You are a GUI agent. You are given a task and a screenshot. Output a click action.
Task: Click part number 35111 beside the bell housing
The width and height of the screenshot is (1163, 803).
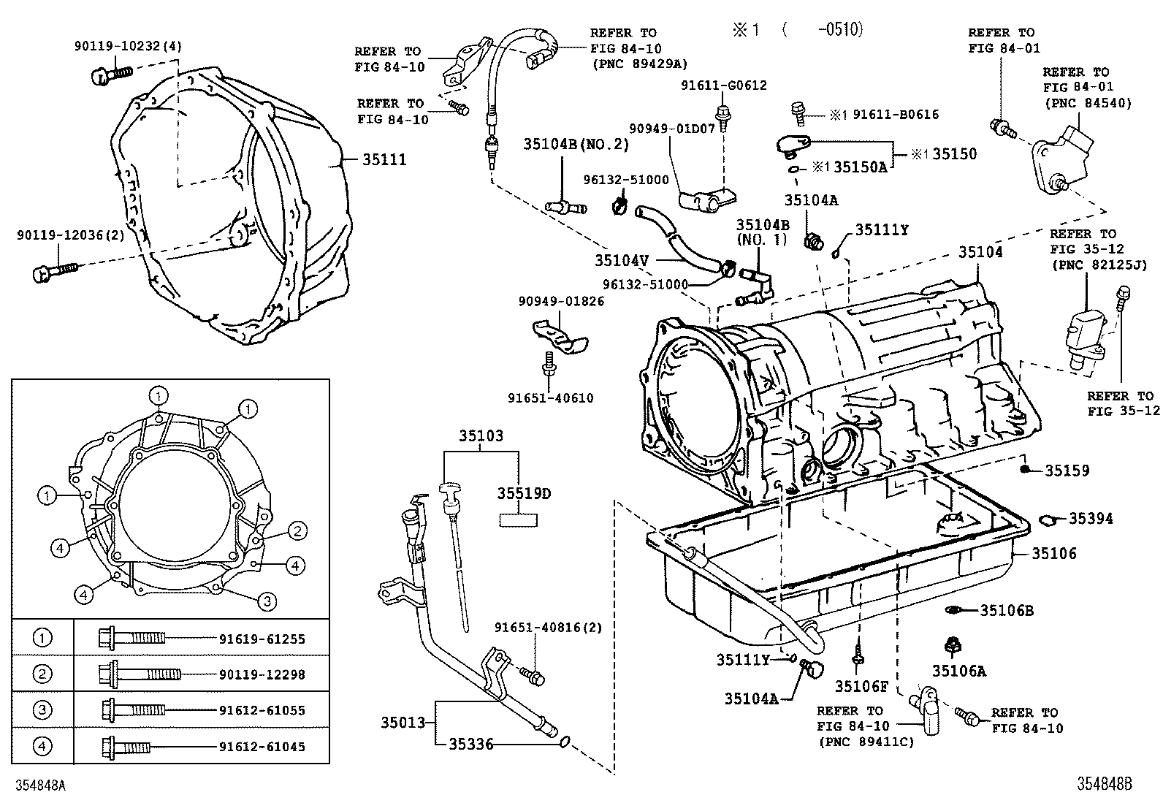tap(384, 159)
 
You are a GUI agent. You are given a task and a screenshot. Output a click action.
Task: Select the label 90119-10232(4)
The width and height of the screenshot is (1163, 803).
tap(128, 46)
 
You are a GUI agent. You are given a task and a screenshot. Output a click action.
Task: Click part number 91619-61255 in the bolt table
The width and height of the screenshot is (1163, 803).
tap(262, 639)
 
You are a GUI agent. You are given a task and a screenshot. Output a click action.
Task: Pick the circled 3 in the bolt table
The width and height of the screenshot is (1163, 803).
tap(42, 709)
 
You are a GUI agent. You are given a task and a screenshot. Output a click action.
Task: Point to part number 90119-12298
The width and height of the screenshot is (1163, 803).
tap(262, 674)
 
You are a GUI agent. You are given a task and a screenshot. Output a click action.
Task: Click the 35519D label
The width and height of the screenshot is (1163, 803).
tap(524, 493)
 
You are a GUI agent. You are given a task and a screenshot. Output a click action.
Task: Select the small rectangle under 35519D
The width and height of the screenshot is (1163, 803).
tap(517, 520)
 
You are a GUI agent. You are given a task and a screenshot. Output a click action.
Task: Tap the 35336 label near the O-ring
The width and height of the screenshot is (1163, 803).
tap(471, 744)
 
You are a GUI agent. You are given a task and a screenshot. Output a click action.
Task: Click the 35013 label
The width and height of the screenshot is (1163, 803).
tap(403, 722)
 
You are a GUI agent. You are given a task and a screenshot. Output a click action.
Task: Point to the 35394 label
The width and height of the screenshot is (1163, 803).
tap(1091, 518)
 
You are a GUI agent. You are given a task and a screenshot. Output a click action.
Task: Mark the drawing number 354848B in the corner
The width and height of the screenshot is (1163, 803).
tap(1104, 784)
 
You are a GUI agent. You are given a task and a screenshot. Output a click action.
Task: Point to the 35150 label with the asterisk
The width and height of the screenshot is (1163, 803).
tap(953, 154)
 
